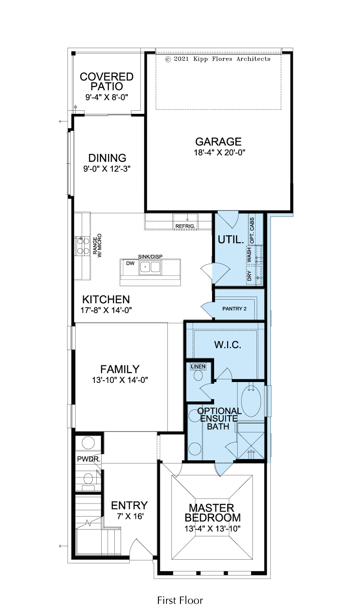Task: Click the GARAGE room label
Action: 218,142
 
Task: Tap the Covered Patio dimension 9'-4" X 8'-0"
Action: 107,97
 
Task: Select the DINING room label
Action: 108,158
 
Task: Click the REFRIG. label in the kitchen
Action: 185,226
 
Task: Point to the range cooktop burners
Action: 83,246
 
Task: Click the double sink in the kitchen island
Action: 150,267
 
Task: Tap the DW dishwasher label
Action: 130,263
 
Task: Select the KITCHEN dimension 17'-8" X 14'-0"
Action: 106,310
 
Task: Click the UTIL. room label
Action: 231,240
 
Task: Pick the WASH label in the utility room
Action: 249,255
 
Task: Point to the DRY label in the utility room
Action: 249,276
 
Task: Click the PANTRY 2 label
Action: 234,309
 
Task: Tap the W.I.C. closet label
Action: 228,345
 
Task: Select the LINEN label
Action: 198,367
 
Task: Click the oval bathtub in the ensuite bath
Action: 251,401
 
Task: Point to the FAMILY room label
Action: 120,369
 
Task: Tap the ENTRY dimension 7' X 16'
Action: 130,517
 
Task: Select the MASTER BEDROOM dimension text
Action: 213,529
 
